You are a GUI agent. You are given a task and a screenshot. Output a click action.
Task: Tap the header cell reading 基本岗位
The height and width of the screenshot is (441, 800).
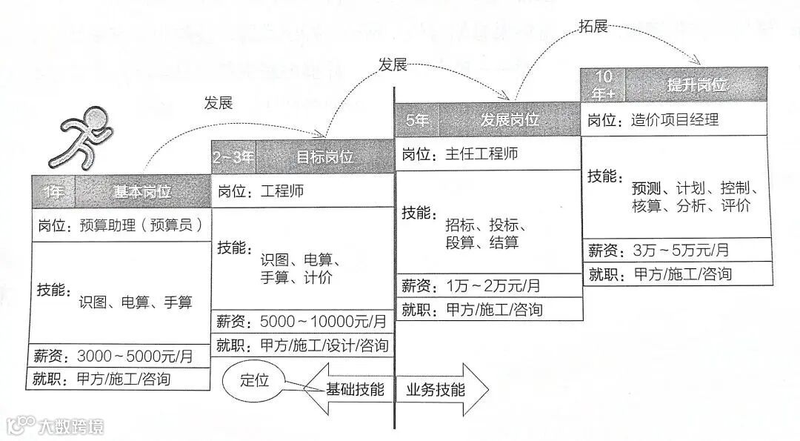(143, 192)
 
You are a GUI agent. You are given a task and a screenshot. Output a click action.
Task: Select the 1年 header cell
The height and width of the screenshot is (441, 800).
(54, 192)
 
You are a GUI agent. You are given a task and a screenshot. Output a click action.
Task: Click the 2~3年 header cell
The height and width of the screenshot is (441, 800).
(233, 157)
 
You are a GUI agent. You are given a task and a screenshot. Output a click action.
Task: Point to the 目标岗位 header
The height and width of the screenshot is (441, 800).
(324, 157)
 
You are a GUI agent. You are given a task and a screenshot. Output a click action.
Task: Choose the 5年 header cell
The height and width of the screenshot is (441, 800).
(417, 119)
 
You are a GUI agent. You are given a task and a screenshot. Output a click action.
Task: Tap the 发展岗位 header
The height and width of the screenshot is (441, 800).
(510, 119)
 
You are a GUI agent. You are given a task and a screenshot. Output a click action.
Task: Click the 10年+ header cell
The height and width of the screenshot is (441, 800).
(603, 84)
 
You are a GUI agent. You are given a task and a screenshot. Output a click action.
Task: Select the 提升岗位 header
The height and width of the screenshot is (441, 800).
(696, 84)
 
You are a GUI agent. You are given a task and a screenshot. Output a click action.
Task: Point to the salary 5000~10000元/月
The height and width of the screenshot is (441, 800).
(302, 322)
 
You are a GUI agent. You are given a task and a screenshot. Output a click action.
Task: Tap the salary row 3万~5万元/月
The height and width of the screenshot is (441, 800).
(676, 250)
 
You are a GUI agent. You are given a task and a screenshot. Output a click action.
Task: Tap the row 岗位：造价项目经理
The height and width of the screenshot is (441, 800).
(676, 119)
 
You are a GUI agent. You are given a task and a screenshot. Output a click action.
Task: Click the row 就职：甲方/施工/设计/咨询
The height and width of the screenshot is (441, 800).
(302, 345)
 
